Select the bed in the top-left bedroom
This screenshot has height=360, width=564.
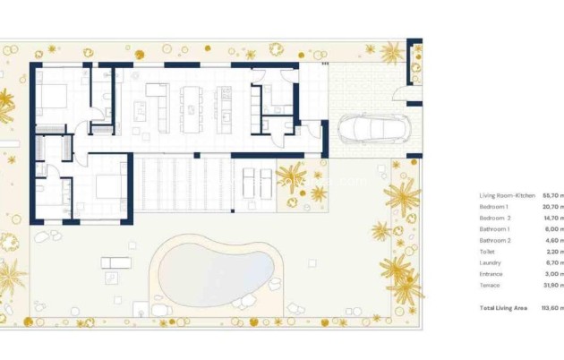click(55, 97)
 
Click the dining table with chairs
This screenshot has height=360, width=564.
click(192, 108)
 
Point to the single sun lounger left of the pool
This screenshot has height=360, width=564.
click(116, 262)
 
